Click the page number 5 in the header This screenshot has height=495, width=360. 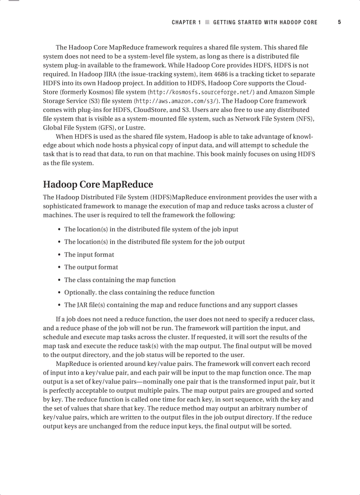[339, 22]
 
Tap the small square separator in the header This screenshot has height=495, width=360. [207, 22]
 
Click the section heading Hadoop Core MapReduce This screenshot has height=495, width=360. [98, 184]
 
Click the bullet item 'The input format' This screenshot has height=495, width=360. [89, 254]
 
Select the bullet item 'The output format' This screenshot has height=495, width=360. [91, 267]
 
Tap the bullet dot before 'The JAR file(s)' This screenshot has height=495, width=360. [59, 305]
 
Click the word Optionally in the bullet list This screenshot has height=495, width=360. [80, 292]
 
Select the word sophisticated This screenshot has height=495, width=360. [63, 206]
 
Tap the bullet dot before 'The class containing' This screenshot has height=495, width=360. [59, 280]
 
